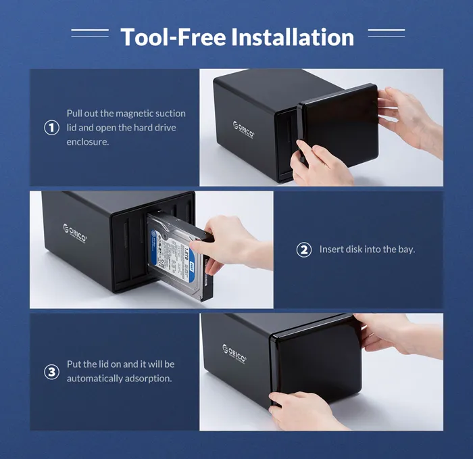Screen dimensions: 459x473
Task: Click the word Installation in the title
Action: coord(292,37)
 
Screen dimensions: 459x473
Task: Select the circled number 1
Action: coord(51,127)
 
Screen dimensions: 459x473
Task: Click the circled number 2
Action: coord(304,249)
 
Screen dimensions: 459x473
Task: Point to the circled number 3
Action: coord(51,372)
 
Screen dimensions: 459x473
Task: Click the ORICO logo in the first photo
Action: coord(244,130)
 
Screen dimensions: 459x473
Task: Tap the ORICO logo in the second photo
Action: coord(75,233)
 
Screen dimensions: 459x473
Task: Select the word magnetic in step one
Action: coord(129,114)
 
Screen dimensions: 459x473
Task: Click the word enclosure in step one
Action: coord(87,142)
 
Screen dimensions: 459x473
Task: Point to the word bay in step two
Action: coord(405,249)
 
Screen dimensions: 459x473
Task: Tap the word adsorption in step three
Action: coord(148,379)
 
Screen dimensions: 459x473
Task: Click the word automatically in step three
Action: coord(95,379)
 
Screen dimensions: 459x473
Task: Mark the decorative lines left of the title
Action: coord(89,32)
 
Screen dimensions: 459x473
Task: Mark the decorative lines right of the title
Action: coord(386,32)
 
